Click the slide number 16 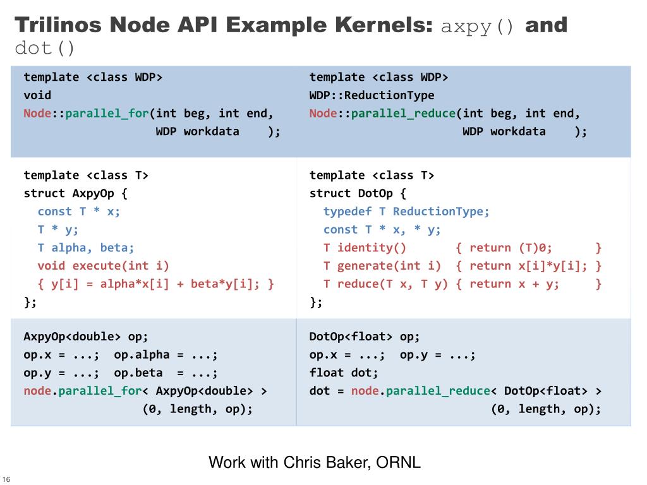click(6, 478)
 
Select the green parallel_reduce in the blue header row click(403, 114)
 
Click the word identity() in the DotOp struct click(372, 248)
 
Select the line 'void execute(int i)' click(103, 266)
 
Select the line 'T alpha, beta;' click(86, 248)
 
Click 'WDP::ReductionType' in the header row click(372, 95)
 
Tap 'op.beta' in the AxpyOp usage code click(138, 373)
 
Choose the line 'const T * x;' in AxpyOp click(79, 212)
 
